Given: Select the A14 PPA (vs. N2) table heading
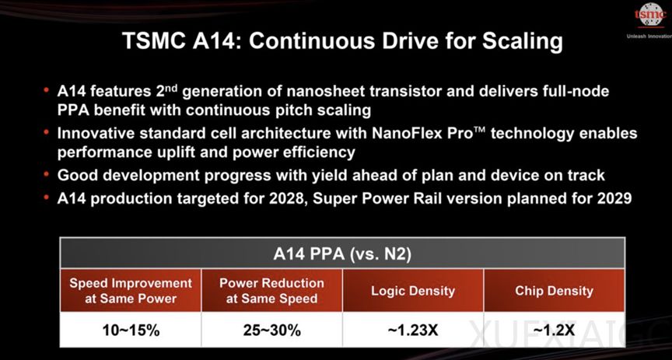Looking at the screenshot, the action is (x=342, y=254).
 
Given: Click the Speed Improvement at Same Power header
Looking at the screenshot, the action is (x=131, y=291).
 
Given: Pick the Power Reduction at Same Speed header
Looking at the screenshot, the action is (x=271, y=291).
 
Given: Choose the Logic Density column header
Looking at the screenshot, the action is (x=413, y=291).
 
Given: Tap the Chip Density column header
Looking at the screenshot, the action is (x=554, y=291).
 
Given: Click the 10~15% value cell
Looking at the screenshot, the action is (x=131, y=330).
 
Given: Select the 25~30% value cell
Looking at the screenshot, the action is (x=271, y=330).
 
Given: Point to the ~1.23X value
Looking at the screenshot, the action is (x=413, y=330).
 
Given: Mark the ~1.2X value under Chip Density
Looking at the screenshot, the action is (x=554, y=330).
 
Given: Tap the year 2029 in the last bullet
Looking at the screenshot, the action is (x=614, y=199).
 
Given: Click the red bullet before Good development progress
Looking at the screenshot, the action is (x=46, y=173).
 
